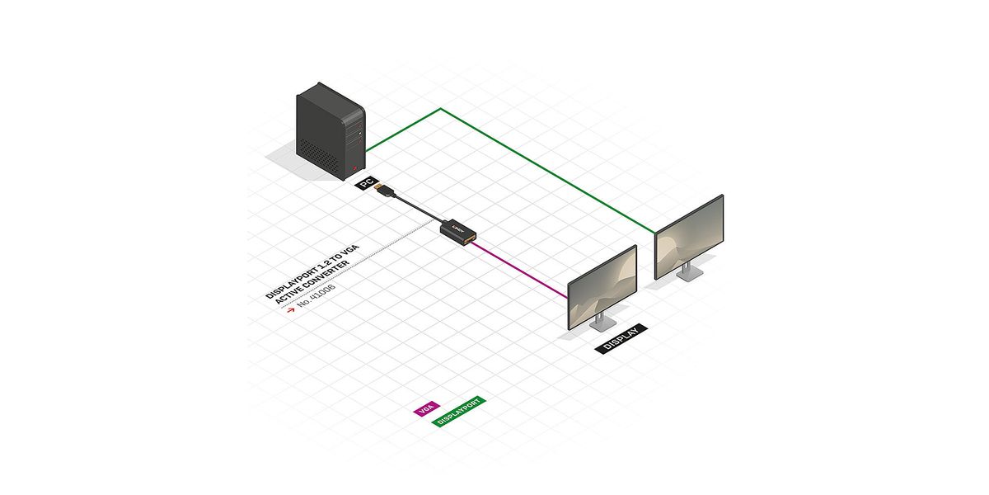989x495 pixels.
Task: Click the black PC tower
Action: pos(330,136)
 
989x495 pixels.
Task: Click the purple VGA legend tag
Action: pos(425,408)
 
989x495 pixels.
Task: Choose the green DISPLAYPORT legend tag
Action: pos(459,412)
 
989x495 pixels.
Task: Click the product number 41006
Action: pos(318,299)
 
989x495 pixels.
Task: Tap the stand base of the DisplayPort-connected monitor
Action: pos(687,276)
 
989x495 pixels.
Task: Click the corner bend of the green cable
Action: pos(441,109)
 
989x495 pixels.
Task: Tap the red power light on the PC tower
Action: pos(356,168)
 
